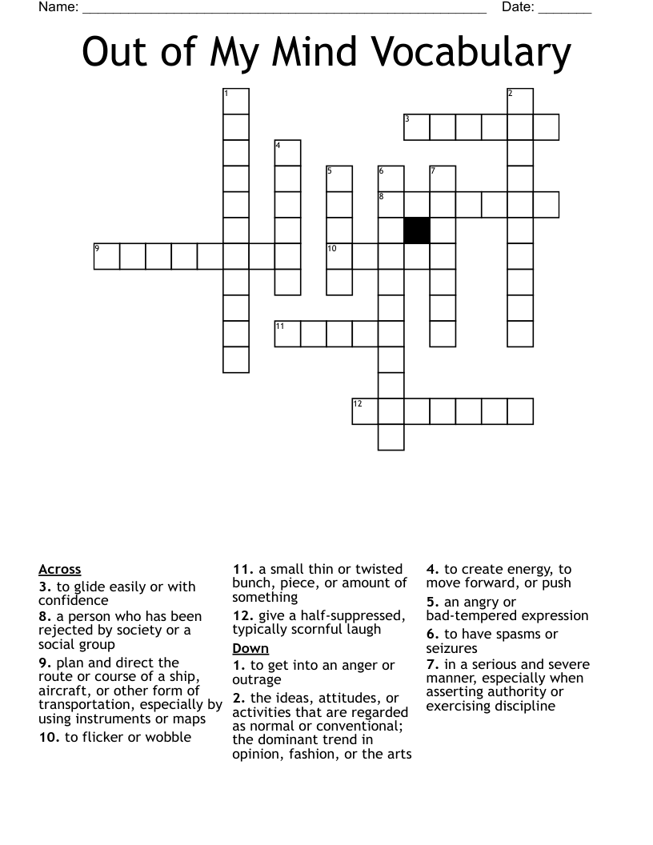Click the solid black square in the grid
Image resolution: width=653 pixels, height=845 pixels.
coord(417,230)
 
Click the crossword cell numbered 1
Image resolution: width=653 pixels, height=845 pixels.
coord(236,102)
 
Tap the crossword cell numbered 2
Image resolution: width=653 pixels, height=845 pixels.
coord(520,102)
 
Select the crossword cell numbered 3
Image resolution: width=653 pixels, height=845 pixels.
coord(417,127)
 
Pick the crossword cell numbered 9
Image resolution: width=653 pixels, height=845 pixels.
coord(107,256)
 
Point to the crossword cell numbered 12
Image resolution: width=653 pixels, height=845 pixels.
coord(365,410)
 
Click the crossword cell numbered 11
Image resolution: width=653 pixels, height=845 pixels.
coord(288,334)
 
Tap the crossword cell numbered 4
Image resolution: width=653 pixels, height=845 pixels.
coord(288,153)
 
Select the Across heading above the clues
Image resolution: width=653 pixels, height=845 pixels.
coord(60,570)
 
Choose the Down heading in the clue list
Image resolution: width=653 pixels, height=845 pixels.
coord(250,648)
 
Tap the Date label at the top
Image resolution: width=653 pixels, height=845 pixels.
coord(518,8)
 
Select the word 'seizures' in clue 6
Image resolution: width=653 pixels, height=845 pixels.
coord(452,648)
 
